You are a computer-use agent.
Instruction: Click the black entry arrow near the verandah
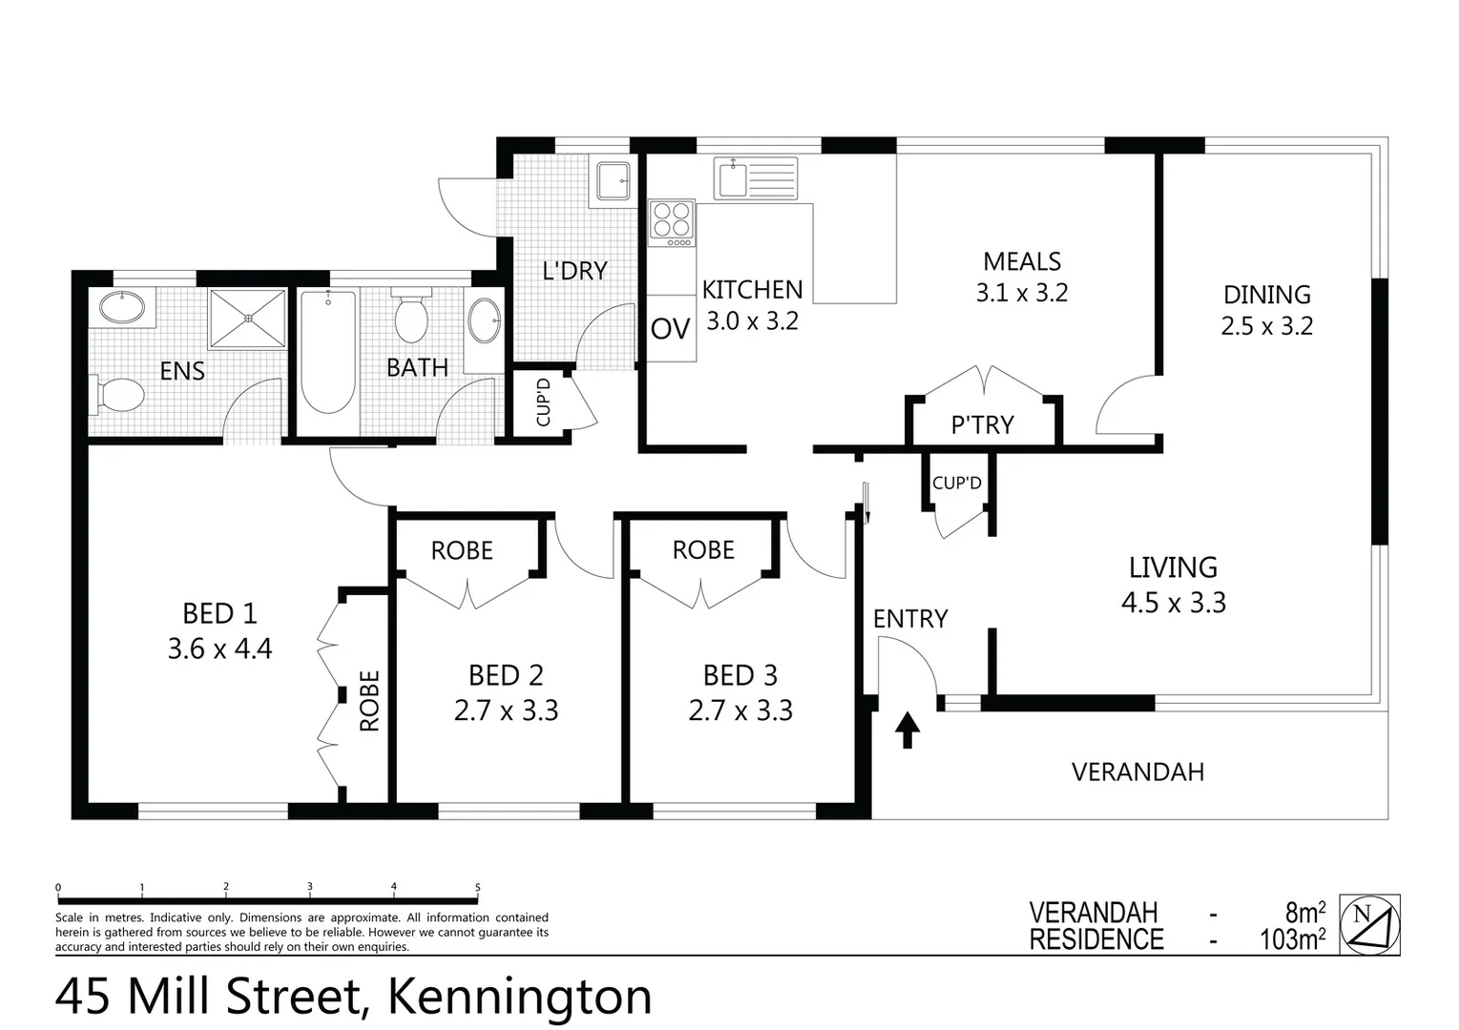[907, 730]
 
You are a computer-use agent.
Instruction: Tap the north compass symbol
[1370, 924]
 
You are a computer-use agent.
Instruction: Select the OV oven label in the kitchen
[670, 329]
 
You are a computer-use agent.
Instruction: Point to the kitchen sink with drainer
[757, 178]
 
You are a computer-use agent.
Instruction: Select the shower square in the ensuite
[248, 319]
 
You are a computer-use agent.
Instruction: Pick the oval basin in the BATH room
[486, 321]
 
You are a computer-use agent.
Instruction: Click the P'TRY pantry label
[982, 425]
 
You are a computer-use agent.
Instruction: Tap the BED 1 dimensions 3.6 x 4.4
[219, 649]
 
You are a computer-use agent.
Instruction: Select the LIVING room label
[1173, 567]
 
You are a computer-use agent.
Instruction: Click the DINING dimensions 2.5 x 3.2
[1266, 326]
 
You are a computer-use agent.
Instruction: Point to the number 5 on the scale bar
[477, 888]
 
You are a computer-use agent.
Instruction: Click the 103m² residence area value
[1292, 939]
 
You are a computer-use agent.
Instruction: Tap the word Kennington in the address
[519, 998]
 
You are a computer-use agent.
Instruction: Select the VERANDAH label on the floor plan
[1137, 772]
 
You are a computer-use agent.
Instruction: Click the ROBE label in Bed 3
[703, 550]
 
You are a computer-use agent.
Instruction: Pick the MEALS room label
[1022, 261]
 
